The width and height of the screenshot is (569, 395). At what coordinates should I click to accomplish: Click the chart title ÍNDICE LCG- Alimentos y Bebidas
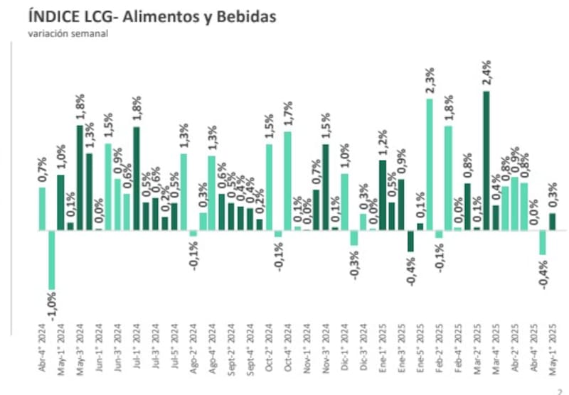point(151,16)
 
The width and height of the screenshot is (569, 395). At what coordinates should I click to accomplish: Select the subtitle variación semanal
point(68,33)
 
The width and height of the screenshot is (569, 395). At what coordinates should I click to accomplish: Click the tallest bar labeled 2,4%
point(486,160)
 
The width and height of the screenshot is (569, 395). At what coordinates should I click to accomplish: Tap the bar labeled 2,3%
point(430,164)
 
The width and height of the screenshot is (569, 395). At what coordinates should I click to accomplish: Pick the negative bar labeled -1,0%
point(52,259)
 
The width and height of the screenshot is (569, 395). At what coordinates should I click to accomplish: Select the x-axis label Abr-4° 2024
point(42,346)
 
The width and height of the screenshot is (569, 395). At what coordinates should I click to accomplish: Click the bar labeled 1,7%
point(288,181)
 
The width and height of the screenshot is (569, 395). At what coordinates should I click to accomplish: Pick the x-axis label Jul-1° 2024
point(137,346)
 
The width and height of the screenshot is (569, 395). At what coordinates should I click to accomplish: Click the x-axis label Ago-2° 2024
point(193,346)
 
